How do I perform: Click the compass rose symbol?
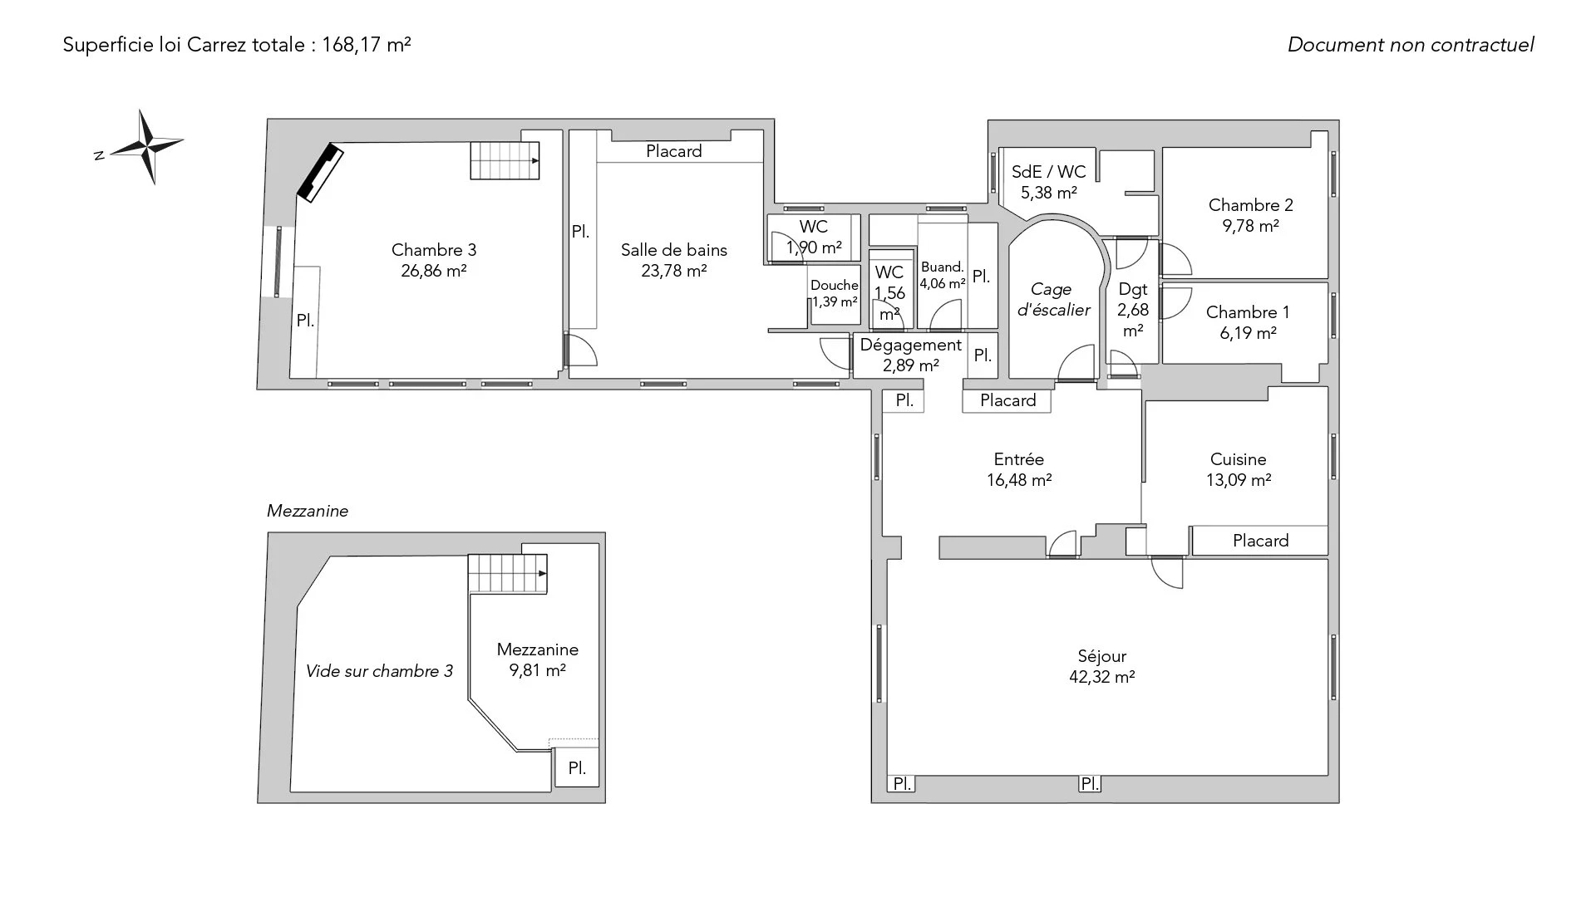[x=147, y=147]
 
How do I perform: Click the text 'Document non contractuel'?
[x=1411, y=45]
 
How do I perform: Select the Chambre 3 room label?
[x=434, y=250]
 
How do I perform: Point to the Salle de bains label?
[x=674, y=250]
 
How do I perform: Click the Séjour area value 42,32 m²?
[x=1102, y=677]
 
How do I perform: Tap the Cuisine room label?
[x=1239, y=459]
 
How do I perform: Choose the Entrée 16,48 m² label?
[x=1019, y=469]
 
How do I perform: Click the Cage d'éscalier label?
[x=1052, y=300]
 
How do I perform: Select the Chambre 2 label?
[x=1251, y=205]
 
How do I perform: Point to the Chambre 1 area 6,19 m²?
[x=1249, y=333]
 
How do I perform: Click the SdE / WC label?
[x=1049, y=172]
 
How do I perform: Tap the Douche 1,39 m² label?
[x=835, y=294]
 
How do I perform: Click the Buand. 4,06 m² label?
[x=943, y=275]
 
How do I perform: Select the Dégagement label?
[x=910, y=345]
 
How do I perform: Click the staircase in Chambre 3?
[x=505, y=160]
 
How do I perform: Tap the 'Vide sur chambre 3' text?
[x=379, y=671]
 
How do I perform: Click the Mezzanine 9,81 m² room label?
[x=538, y=660]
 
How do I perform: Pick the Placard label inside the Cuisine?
[x=1261, y=541]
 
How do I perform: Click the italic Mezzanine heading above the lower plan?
[x=308, y=512]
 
